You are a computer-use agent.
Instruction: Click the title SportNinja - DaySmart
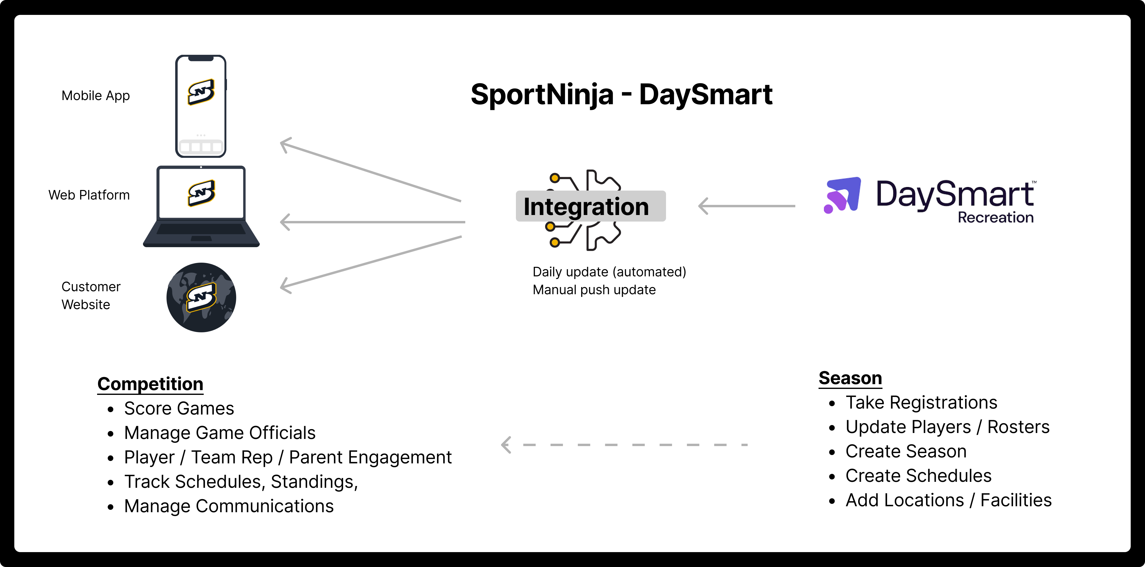click(621, 95)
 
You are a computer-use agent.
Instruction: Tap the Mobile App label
click(96, 96)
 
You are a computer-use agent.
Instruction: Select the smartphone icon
click(201, 107)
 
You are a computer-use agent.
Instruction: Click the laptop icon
click(201, 207)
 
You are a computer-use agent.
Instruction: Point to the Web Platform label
click(89, 195)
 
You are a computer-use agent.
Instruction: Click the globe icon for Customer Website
click(201, 297)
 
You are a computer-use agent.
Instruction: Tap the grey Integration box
click(590, 207)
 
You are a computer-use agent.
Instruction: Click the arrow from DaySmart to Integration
click(747, 206)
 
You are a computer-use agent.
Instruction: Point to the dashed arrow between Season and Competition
click(625, 444)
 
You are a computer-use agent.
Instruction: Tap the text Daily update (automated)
click(609, 272)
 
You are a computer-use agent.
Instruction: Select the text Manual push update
click(594, 290)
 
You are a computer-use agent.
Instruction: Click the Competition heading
click(150, 384)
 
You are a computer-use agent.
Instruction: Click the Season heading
click(850, 378)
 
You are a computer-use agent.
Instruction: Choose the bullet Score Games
click(179, 408)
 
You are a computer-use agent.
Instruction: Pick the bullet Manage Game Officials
click(220, 433)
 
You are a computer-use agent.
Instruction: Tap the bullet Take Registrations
click(921, 403)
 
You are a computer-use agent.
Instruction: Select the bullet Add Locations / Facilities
click(948, 500)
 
